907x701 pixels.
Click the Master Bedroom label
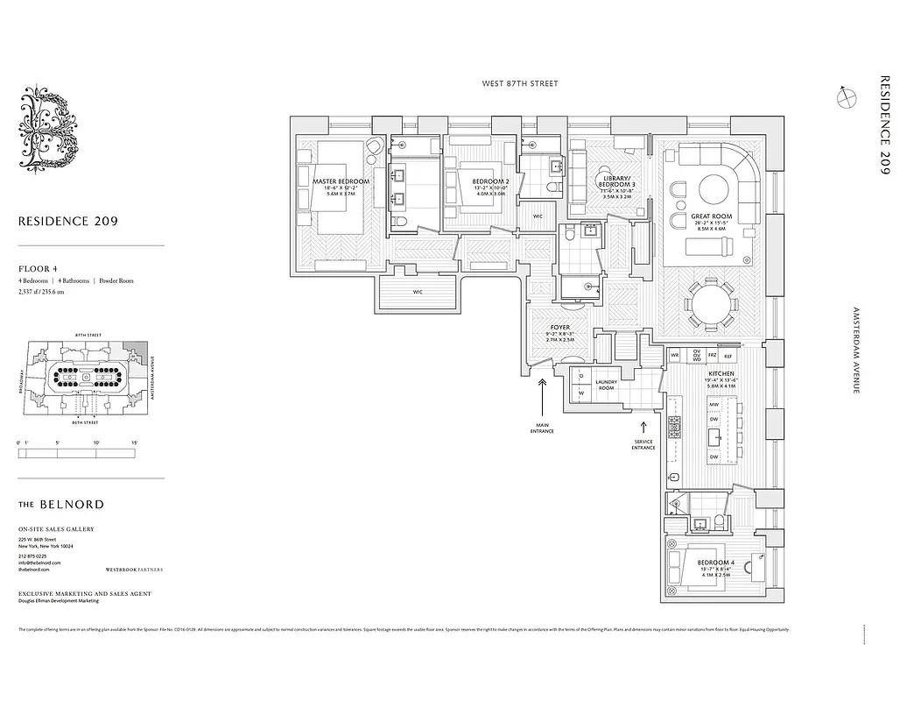coord(341,181)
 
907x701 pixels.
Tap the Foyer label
coord(559,329)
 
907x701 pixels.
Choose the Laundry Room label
coord(607,384)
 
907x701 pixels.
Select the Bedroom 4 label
coord(716,563)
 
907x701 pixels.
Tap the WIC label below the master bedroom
coord(418,293)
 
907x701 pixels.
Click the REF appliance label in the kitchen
coord(728,357)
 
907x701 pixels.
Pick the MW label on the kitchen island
coord(714,404)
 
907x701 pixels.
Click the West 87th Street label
coord(519,84)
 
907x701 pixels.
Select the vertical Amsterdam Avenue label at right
coord(854,350)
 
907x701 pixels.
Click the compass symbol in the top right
coord(846,99)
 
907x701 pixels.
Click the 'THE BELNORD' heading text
coord(60,505)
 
